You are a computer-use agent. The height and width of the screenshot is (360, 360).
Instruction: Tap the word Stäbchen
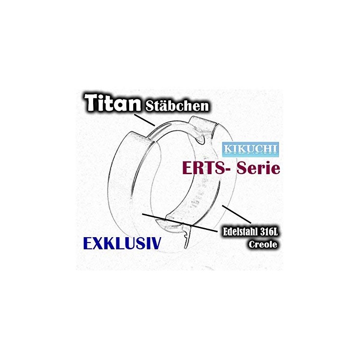(x=177, y=107)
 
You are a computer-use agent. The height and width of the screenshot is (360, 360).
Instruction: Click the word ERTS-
(x=202, y=169)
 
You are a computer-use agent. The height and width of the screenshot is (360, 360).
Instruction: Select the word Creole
(x=263, y=244)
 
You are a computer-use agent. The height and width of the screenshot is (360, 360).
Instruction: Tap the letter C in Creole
(x=252, y=244)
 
